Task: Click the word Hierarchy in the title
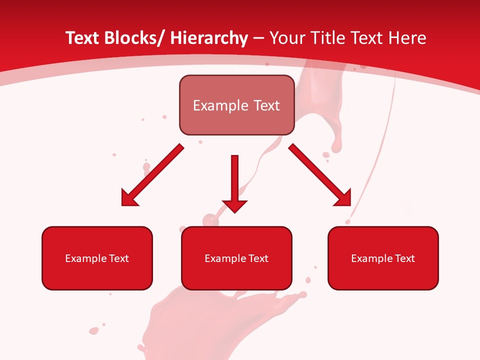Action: coord(209,38)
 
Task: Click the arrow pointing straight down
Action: coord(234,180)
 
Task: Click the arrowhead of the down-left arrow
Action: coord(128,198)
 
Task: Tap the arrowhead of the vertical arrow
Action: coord(234,205)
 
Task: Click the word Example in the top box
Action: coord(220,105)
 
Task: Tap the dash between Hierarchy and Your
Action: coord(258,39)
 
